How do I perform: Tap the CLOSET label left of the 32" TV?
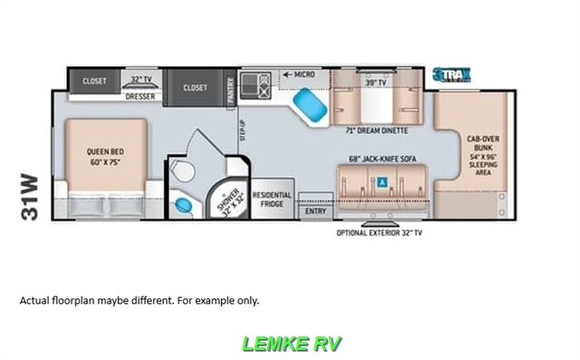[94, 81]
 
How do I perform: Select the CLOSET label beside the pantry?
[195, 88]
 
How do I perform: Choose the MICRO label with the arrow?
[300, 73]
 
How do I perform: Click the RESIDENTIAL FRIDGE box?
[272, 199]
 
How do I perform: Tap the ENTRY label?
[315, 209]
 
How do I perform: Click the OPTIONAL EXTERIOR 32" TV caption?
[379, 232]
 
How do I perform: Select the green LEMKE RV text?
[289, 344]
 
